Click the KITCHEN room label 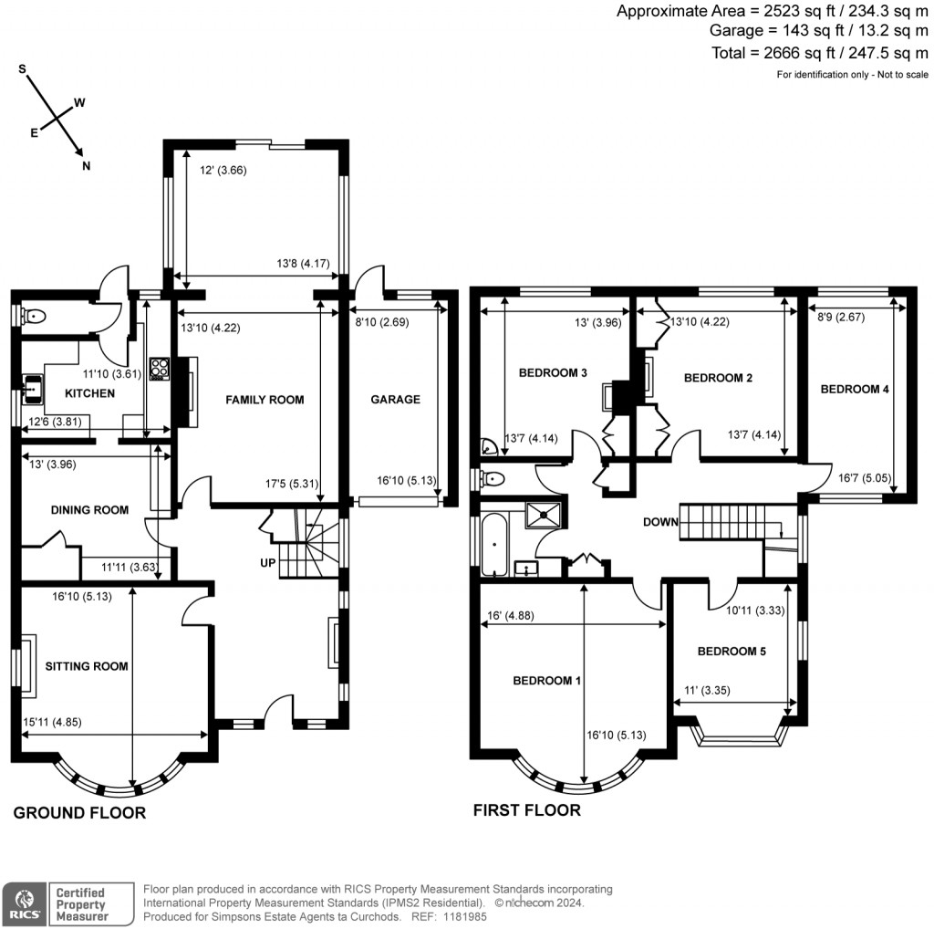90,393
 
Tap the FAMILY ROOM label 265,400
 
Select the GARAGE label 395,400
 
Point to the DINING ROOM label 89,510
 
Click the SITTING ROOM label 87,666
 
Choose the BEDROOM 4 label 855,390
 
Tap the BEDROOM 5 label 732,652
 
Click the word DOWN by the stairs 660,523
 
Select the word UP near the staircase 267,562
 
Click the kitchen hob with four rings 160,368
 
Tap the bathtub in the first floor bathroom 493,544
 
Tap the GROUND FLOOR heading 79,813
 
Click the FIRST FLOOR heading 526,810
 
